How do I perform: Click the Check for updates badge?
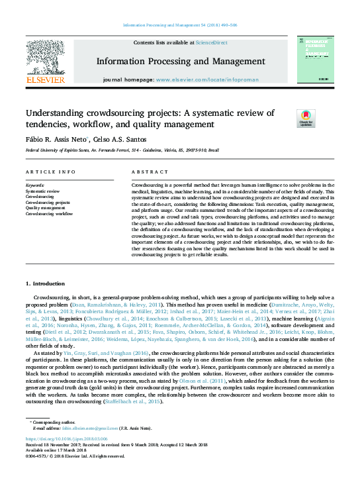pos(305,119)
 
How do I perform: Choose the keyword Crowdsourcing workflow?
pos(49,214)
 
